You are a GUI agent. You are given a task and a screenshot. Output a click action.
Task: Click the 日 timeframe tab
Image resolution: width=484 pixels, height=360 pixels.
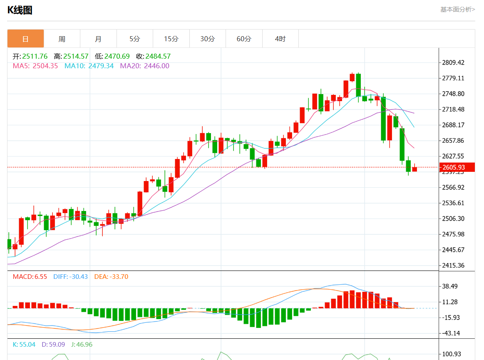(25, 39)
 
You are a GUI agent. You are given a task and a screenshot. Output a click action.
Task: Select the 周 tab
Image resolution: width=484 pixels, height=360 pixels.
(62, 39)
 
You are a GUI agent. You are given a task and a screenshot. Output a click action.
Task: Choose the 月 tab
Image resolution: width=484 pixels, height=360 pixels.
(98, 39)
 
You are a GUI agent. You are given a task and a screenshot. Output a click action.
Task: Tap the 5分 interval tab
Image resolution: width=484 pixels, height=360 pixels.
(134, 39)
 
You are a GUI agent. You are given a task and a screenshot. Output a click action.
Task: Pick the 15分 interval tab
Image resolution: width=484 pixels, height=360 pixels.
(171, 39)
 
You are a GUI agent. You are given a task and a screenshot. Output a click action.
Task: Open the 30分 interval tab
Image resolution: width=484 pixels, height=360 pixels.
(207, 39)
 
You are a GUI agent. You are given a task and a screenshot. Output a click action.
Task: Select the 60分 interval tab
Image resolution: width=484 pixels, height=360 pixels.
(244, 39)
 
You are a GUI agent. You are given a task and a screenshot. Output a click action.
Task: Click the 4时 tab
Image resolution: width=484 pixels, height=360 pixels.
(280, 39)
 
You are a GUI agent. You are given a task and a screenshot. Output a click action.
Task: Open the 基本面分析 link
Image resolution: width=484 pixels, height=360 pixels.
(457, 9)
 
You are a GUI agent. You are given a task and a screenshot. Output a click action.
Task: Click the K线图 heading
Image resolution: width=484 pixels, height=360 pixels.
(20, 10)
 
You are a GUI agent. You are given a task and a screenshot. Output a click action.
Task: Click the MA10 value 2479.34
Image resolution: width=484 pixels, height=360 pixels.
(101, 66)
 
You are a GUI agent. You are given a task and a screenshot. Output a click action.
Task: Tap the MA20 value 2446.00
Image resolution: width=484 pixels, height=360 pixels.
(156, 66)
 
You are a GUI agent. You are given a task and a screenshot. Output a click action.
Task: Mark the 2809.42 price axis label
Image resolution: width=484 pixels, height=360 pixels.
(453, 63)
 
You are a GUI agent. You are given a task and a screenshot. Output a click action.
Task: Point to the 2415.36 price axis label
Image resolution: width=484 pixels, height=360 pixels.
(453, 266)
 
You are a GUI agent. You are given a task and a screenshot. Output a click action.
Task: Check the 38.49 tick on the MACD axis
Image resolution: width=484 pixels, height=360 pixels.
(450, 286)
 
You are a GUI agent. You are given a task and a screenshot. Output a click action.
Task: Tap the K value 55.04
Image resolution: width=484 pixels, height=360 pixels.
(27, 345)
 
